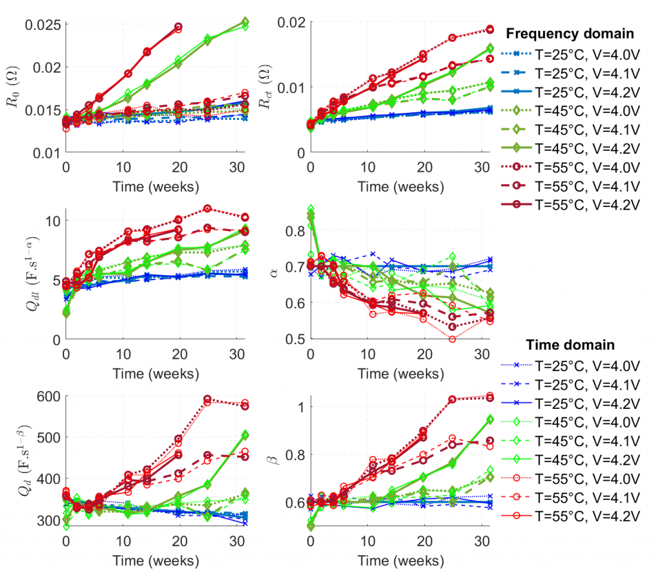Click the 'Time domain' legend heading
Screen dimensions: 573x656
point(570,345)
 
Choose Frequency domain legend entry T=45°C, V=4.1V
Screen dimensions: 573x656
point(586,127)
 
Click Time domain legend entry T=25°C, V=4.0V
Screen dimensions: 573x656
point(586,366)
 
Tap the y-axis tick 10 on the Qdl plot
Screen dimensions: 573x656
point(52,220)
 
